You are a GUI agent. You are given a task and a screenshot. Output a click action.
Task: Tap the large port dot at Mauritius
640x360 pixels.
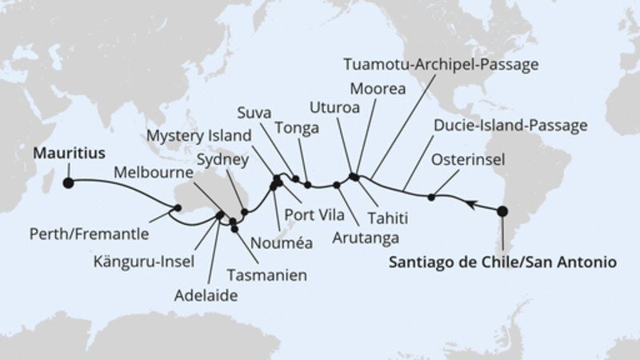tap(68, 182)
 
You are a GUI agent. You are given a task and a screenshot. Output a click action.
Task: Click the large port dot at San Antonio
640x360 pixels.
tap(502, 212)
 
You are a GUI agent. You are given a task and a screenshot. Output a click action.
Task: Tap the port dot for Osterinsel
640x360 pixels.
tap(432, 197)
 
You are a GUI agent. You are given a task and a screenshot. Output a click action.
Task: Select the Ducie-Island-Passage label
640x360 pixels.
tap(509, 126)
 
